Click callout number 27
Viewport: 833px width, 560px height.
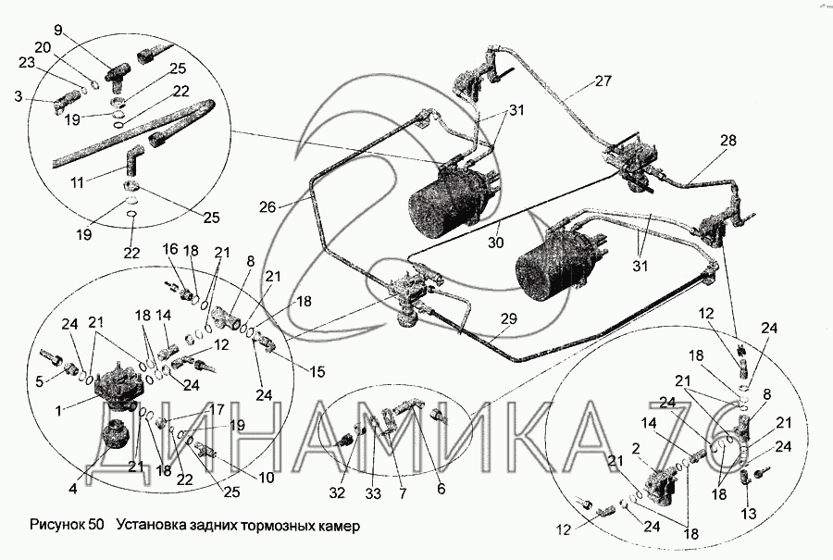click(x=603, y=81)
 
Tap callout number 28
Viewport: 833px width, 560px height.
click(x=728, y=140)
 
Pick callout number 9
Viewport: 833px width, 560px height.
click(x=57, y=31)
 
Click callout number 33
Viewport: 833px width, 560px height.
click(x=373, y=494)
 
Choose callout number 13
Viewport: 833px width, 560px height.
click(x=750, y=514)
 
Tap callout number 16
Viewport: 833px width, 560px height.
click(x=170, y=250)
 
